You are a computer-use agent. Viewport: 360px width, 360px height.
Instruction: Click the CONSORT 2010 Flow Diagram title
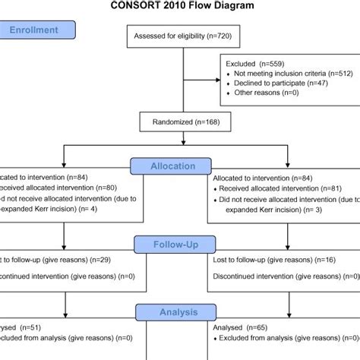pos(180,9)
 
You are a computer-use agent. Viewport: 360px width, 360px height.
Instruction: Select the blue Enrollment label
pos(38,31)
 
